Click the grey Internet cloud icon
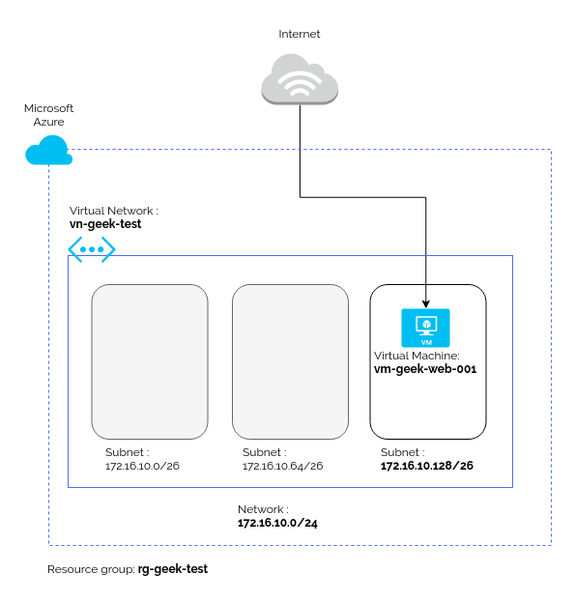(300, 79)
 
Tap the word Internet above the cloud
(299, 34)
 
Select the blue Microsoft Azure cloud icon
(48, 150)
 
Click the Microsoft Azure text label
(48, 115)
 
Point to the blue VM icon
(425, 328)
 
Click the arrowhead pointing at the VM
(425, 303)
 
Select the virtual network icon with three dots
(92, 249)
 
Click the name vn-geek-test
(105, 224)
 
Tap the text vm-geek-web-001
(425, 369)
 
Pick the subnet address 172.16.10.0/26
(142, 466)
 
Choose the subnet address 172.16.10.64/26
(282, 466)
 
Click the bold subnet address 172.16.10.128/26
(427, 466)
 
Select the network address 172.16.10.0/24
(277, 523)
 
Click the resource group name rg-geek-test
(173, 569)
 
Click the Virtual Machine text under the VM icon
(417, 356)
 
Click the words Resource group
(92, 569)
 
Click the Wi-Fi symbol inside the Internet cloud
(300, 83)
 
